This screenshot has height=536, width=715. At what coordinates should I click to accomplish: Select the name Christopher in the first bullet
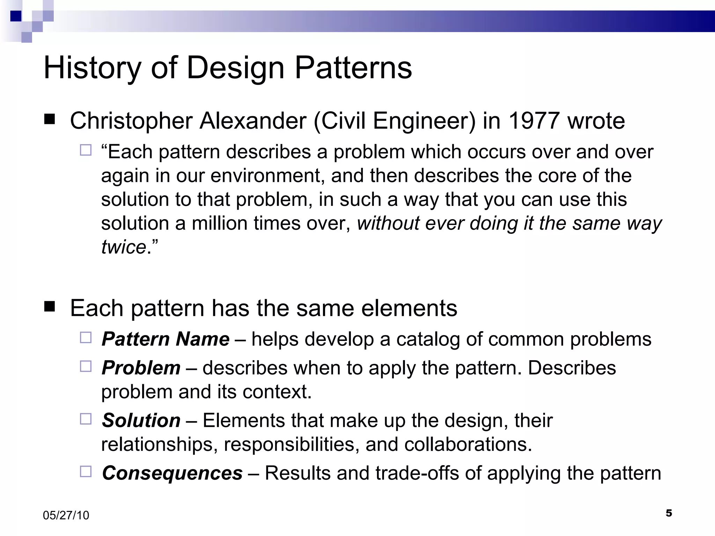[131, 121]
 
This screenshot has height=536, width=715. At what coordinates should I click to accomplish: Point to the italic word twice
[123, 247]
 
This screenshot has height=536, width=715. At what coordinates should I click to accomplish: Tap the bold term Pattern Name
[165, 339]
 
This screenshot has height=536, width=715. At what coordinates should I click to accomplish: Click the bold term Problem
[141, 368]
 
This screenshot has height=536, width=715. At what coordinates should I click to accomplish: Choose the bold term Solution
[141, 420]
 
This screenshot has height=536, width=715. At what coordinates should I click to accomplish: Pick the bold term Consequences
[172, 473]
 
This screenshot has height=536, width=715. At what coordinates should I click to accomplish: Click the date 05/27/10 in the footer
[66, 515]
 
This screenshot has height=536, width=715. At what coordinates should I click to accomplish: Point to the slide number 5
[669, 513]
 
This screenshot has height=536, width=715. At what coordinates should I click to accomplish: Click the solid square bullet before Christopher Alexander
[50, 120]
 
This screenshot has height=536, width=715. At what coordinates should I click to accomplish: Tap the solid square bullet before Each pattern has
[50, 307]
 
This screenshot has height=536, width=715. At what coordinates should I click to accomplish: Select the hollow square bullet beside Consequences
[86, 471]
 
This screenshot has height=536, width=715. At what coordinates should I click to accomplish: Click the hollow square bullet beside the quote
[86, 150]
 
